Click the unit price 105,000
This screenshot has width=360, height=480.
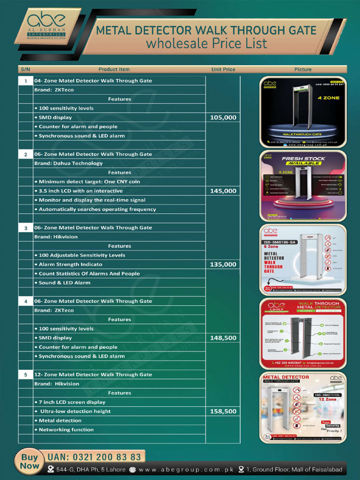tap(223, 118)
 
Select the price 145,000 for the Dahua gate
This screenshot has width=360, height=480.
tap(223, 191)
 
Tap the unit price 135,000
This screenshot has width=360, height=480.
tap(223, 265)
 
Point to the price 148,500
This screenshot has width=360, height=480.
tap(223, 338)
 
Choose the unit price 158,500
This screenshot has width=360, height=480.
tap(223, 412)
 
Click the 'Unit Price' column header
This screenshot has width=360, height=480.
tap(223, 69)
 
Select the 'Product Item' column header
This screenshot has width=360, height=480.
tap(114, 69)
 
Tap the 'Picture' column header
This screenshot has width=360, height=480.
tap(303, 69)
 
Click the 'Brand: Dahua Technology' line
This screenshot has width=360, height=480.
tap(68, 164)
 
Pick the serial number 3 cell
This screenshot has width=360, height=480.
tap(25, 228)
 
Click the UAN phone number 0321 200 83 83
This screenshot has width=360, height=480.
tap(94, 457)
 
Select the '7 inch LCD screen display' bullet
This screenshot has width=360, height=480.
tap(72, 402)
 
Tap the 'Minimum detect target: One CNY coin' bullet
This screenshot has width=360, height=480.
tap(89, 182)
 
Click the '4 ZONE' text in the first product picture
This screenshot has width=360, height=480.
tap(328, 98)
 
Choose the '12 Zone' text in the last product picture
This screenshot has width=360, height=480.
tap(328, 399)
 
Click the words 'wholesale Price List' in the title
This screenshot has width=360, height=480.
tap(206, 44)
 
